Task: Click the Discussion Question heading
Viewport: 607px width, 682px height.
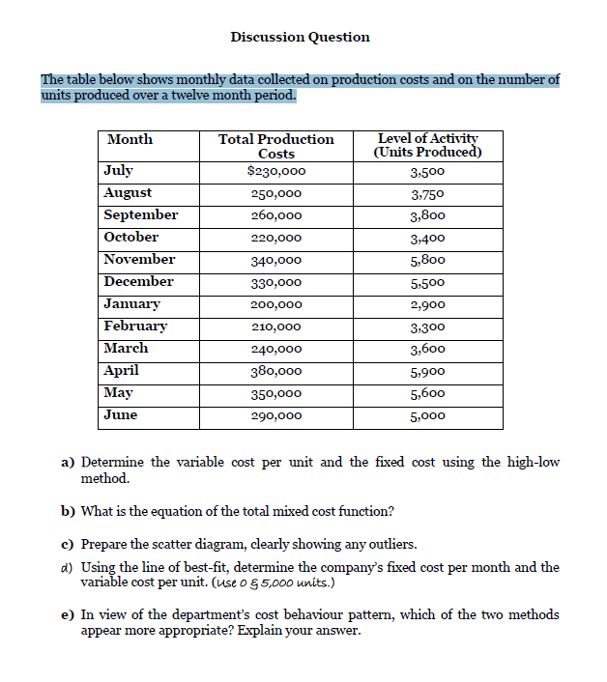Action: (300, 37)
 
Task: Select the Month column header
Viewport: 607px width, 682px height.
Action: (130, 140)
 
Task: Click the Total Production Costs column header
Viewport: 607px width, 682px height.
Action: (276, 147)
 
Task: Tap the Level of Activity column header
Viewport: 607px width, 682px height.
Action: (426, 146)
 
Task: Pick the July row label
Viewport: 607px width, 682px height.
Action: (119, 171)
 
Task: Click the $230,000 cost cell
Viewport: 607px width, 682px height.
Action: (276, 172)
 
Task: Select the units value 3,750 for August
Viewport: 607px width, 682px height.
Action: (426, 193)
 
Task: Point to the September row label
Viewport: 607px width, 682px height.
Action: (141, 215)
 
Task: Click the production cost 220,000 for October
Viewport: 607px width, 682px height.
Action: (276, 238)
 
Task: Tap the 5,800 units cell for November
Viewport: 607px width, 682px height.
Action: (426, 260)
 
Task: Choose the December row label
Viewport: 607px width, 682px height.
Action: (138, 282)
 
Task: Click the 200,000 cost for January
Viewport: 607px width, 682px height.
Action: (276, 304)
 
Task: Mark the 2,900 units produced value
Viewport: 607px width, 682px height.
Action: (426, 304)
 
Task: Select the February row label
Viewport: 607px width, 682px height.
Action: (135, 327)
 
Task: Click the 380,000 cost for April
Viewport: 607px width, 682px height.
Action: (276, 371)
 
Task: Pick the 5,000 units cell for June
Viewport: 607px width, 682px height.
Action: (426, 415)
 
